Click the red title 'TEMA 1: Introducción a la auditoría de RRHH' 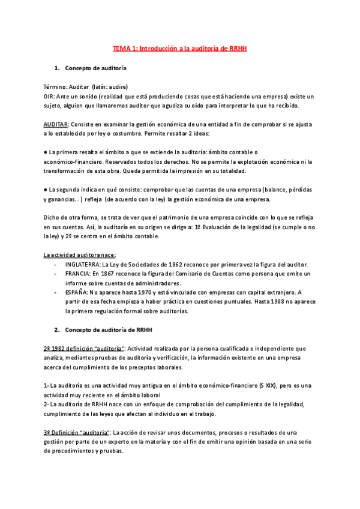pyautogui.click(x=180, y=48)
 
